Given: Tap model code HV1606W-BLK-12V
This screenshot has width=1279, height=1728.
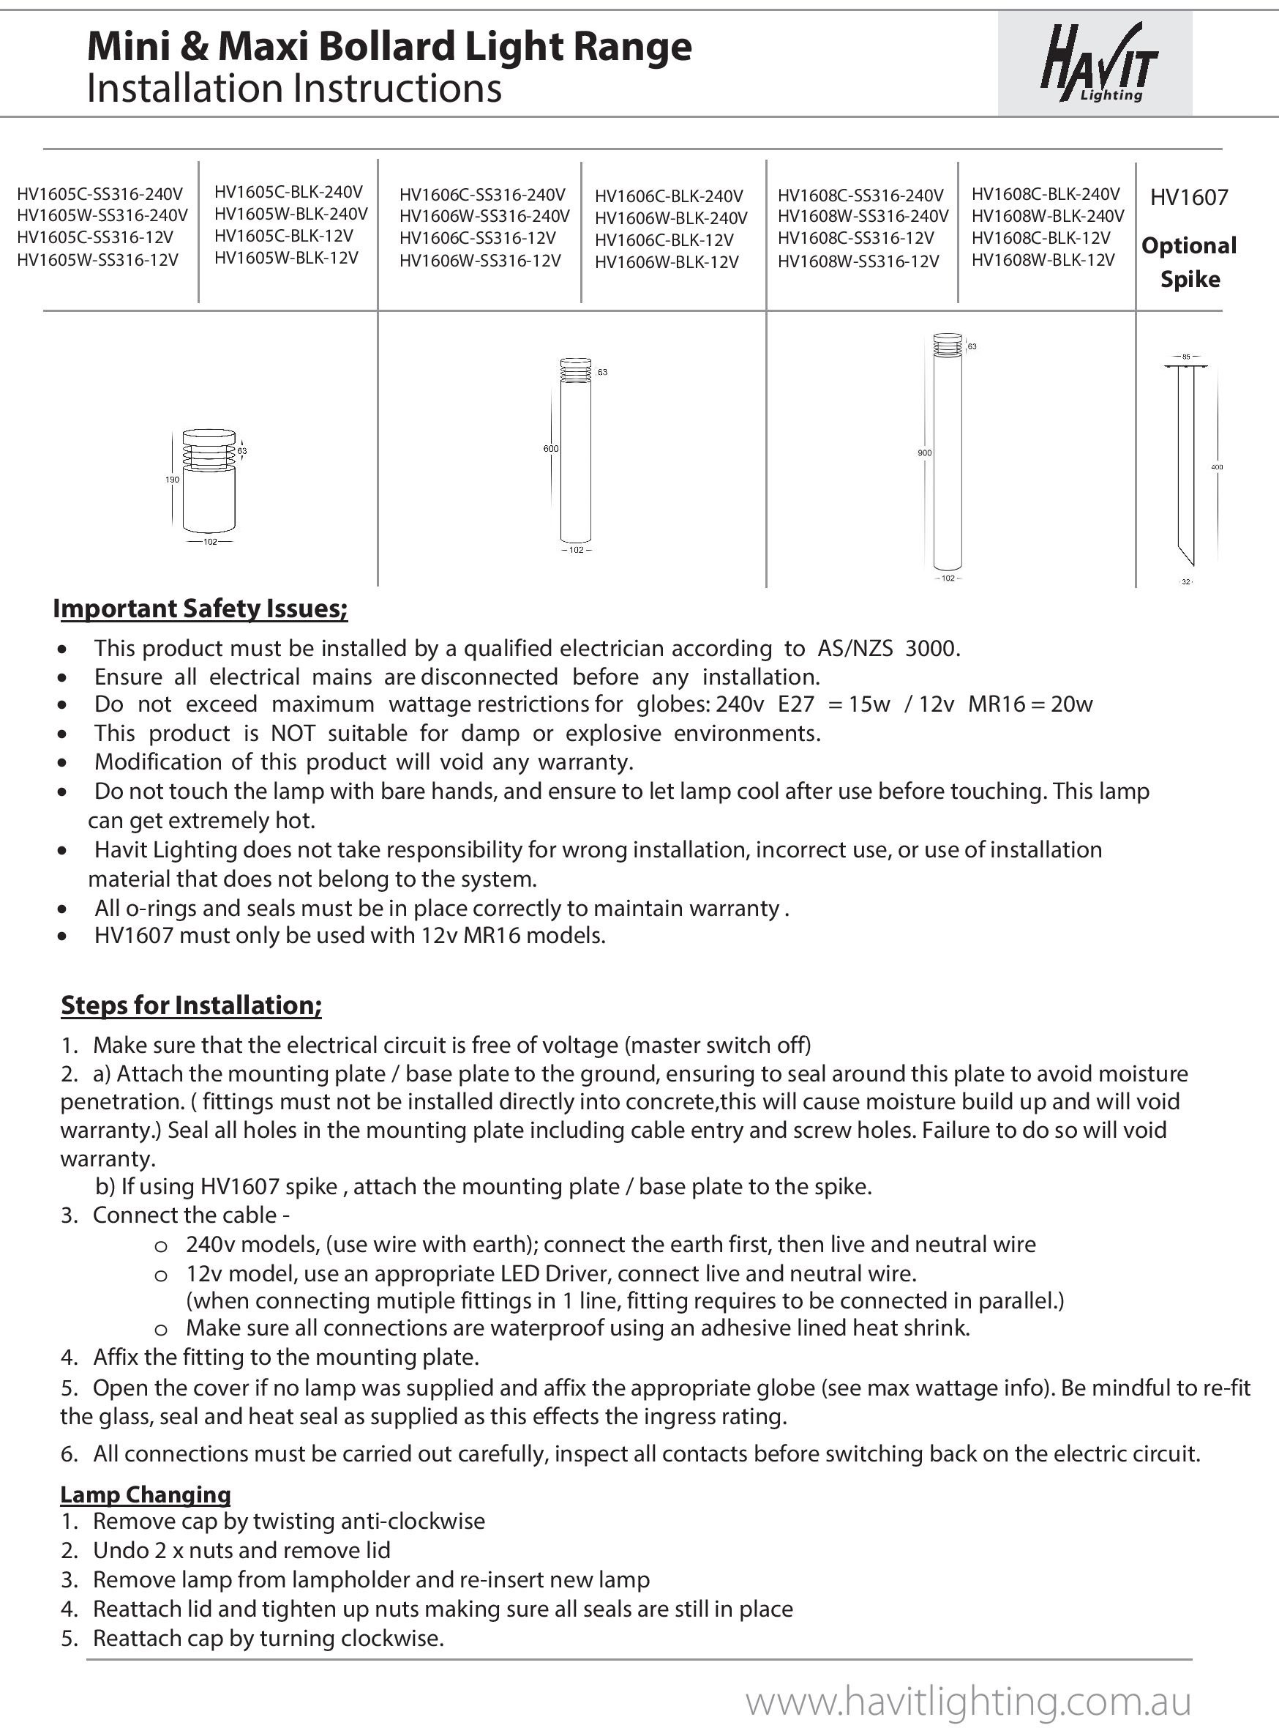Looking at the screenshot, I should point(667,262).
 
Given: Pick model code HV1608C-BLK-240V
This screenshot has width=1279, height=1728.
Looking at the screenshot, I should point(1045,193).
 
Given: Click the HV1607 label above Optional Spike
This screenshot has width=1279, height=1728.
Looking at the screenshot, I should point(1188,198).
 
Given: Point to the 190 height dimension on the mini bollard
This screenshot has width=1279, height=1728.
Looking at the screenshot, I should point(172,480).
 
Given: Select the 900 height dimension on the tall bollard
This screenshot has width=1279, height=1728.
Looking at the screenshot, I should point(924,453).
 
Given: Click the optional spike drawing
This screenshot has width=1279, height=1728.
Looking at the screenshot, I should point(1185,465).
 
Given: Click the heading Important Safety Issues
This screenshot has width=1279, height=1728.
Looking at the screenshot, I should point(200,608).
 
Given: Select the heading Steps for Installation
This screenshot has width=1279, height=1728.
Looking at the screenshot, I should point(191,1005).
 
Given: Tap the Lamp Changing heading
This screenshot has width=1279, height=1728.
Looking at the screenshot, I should point(146,1494).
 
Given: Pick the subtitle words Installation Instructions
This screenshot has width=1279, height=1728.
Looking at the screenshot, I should point(294,89).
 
